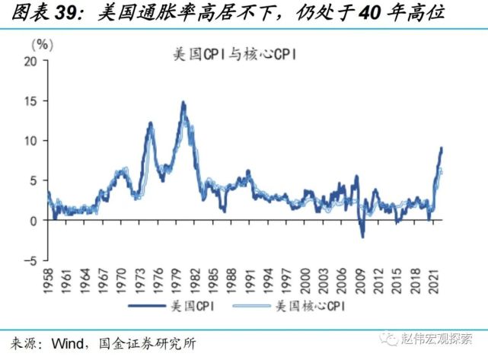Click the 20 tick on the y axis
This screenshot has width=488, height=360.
[33, 61]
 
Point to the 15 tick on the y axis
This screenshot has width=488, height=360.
[33, 101]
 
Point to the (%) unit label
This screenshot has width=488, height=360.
[43, 44]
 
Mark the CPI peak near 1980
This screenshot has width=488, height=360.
[183, 102]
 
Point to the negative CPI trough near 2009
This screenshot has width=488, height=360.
[362, 237]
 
